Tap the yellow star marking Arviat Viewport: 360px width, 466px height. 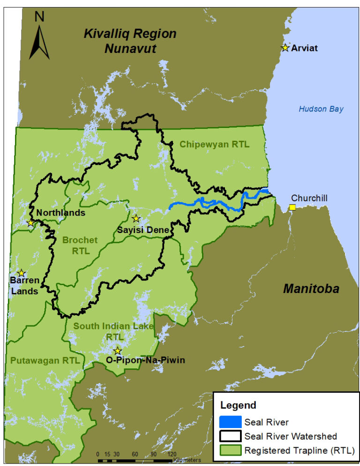[285, 47]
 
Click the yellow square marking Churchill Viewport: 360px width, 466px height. [292, 207]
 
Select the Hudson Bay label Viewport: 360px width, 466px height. [321, 109]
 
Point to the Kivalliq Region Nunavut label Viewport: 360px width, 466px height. [130, 41]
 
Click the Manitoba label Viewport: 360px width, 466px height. [311, 289]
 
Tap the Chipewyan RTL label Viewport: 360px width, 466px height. [214, 144]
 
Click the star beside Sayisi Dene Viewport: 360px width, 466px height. [136, 218]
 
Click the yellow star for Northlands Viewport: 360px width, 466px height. [31, 223]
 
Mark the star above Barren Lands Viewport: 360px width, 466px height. [21, 273]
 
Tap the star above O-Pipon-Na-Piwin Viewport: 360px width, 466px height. [118, 351]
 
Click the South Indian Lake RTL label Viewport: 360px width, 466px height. [114, 331]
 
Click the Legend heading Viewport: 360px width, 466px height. [238, 406]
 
